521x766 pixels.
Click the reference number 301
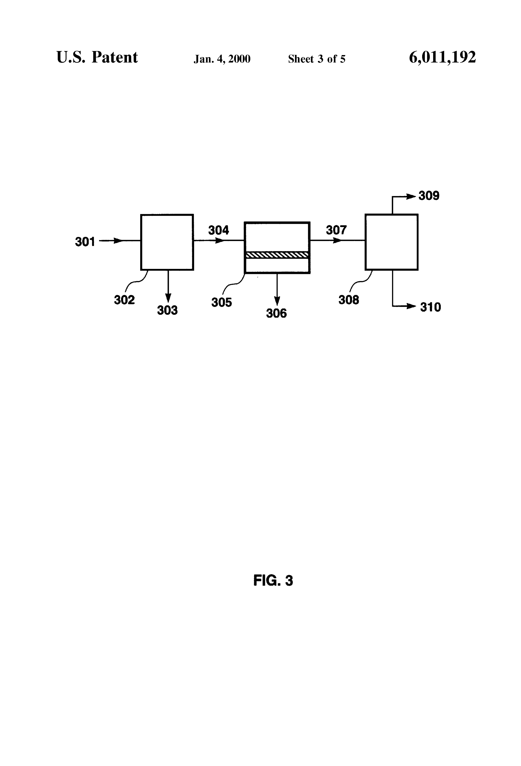point(85,242)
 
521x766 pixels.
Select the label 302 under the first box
point(124,300)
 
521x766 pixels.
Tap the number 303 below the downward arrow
point(167,310)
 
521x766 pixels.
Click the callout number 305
point(222,302)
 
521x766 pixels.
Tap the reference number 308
point(349,300)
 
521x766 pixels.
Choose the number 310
point(430,307)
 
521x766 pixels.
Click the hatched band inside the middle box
point(277,255)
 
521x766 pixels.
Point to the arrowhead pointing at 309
point(411,197)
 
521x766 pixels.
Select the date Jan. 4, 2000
point(222,59)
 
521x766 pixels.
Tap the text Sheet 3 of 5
point(317,59)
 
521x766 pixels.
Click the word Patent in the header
point(115,57)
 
